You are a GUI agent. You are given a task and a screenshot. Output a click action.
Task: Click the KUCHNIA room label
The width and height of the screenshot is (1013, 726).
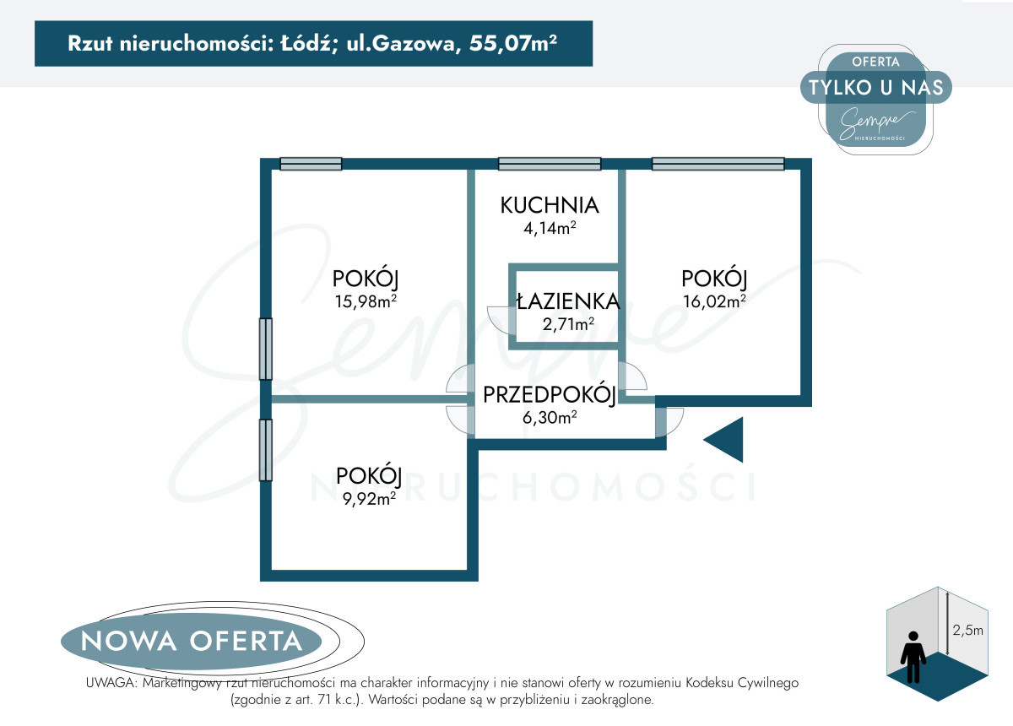550,205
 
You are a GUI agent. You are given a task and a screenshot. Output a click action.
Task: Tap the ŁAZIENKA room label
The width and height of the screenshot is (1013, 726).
568,301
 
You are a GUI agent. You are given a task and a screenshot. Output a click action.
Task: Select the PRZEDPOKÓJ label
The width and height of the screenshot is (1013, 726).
550,395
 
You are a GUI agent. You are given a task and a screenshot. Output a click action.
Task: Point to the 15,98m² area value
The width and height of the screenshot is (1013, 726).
366,301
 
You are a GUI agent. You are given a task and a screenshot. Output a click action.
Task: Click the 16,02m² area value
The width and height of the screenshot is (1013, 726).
714,301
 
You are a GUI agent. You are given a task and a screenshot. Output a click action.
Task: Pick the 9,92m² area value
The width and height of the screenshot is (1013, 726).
369,498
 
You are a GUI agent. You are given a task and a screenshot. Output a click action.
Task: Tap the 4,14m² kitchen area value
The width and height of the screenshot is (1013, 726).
550,228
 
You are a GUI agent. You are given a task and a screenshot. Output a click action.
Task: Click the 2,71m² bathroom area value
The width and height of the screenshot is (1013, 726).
568,323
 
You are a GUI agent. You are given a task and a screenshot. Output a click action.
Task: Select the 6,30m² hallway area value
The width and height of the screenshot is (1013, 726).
550,416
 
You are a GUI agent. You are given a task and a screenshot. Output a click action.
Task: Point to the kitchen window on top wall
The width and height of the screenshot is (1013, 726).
550,164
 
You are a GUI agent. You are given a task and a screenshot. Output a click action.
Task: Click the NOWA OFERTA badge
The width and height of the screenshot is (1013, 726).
192,641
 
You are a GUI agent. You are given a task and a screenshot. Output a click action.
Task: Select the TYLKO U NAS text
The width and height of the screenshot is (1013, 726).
876,87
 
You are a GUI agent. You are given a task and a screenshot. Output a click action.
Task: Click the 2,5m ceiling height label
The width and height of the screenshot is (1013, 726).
967,630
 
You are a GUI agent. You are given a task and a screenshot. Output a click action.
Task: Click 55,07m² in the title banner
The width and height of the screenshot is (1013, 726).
513,43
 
